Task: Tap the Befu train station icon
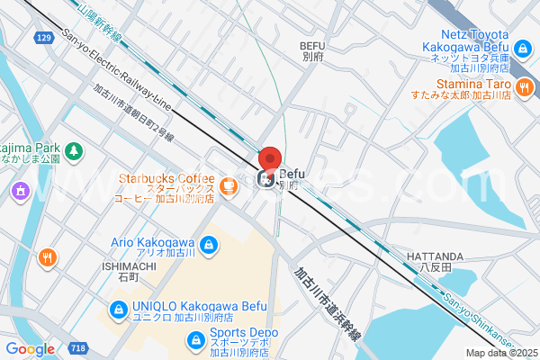click(267, 181)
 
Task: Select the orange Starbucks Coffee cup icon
click(229, 186)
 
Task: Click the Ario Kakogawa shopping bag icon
click(208, 243)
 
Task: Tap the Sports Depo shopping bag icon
click(194, 339)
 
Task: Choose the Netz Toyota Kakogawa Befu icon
click(522, 48)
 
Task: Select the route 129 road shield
click(44, 38)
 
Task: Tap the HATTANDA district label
click(435, 256)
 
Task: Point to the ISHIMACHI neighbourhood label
click(129, 266)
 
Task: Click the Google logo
click(30, 348)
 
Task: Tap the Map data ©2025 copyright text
click(499, 353)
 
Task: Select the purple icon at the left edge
click(19, 191)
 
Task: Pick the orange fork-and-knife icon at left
click(46, 257)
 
